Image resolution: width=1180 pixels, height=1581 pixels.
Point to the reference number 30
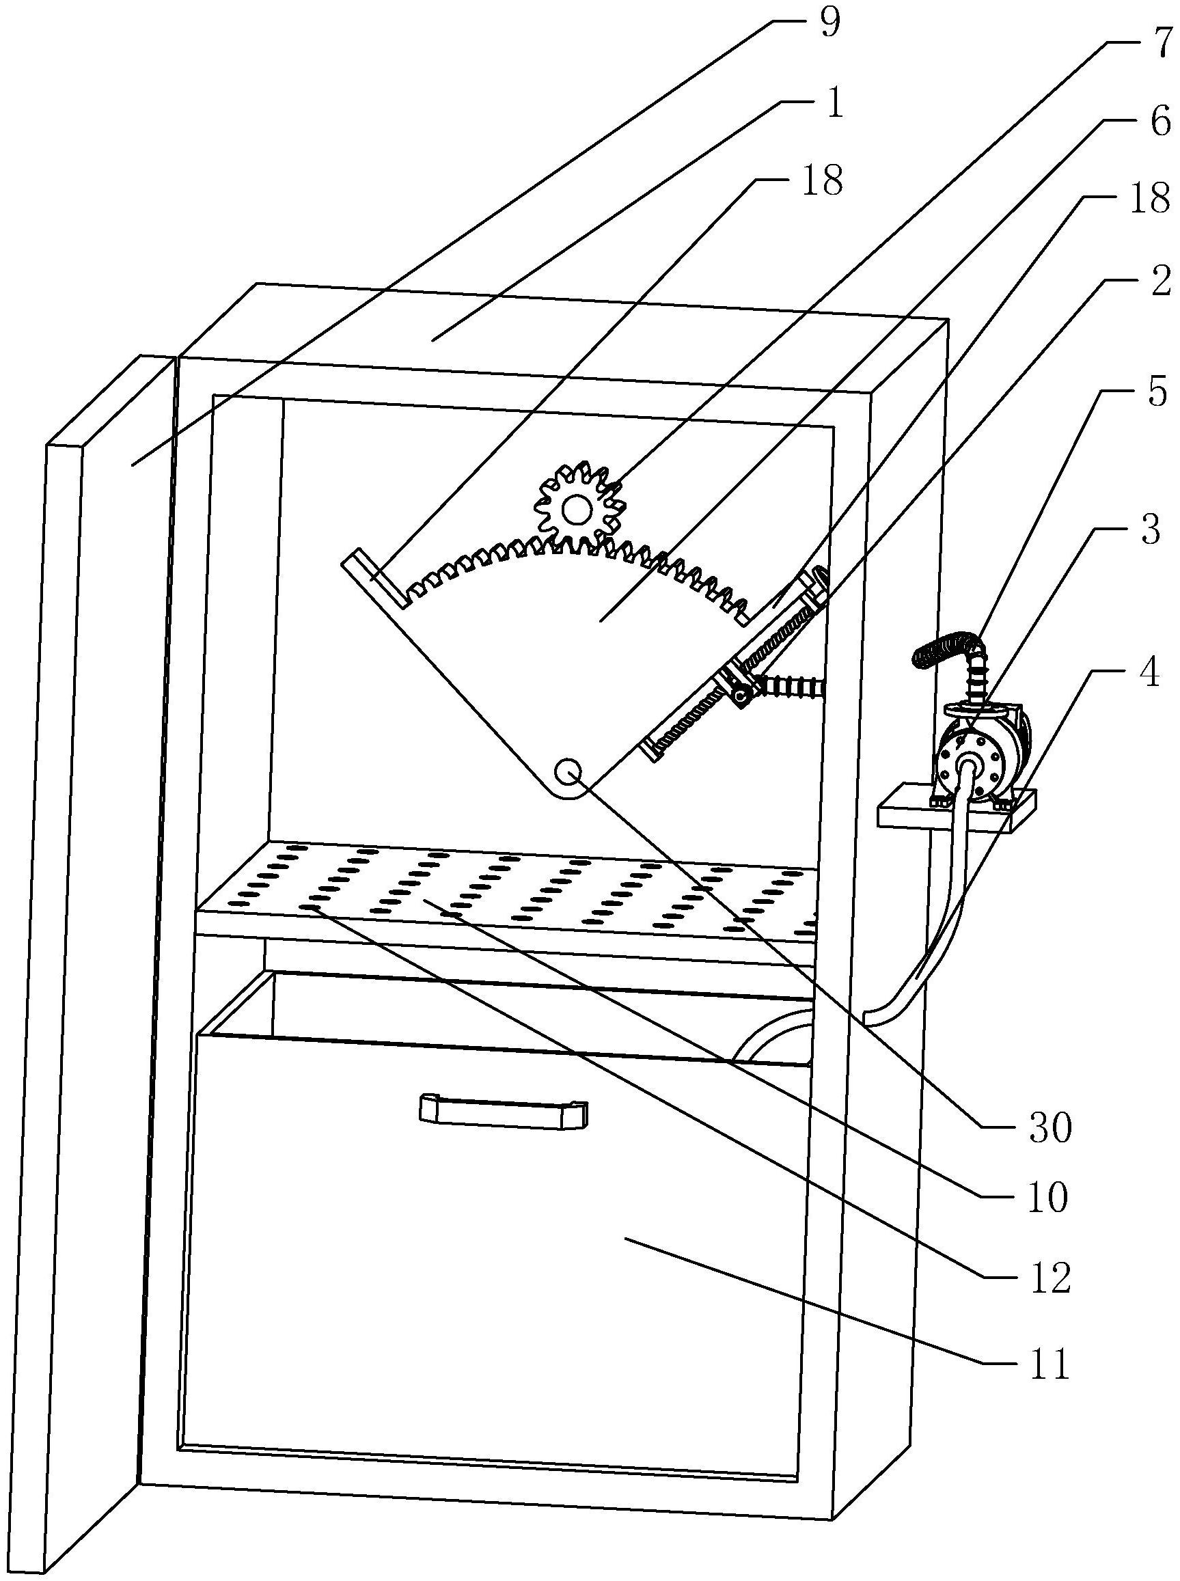coord(1050,1127)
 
